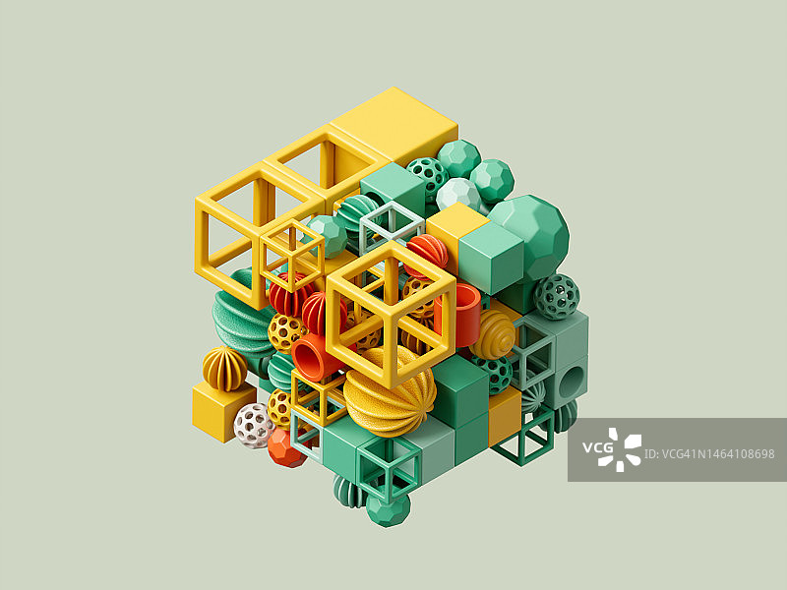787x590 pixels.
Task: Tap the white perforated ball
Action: pyautogui.click(x=254, y=426)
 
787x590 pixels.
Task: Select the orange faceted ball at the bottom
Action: pyautogui.click(x=286, y=448)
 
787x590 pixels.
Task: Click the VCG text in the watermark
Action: pyautogui.click(x=597, y=447)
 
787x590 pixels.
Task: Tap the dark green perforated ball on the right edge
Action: pyautogui.click(x=557, y=297)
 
